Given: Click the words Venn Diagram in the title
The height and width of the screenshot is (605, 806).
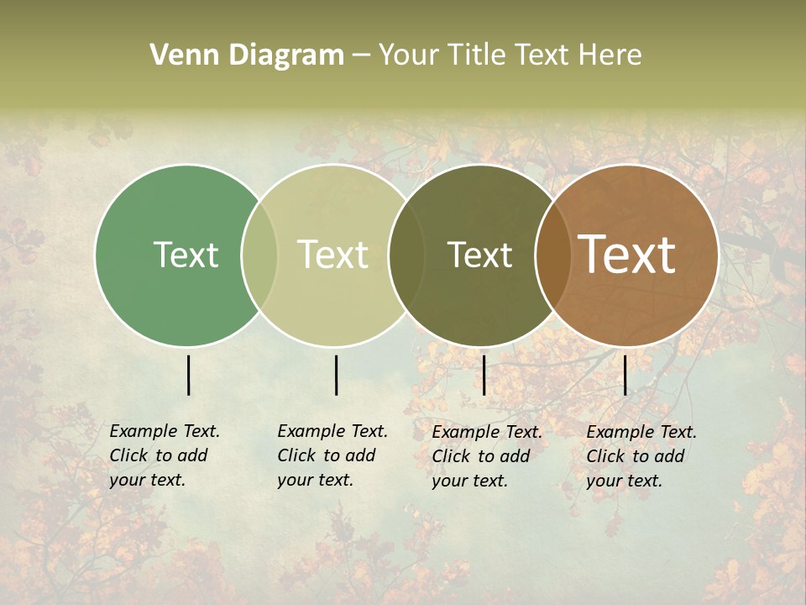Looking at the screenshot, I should (x=247, y=55).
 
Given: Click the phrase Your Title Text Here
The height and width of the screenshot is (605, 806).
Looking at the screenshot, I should (x=510, y=55).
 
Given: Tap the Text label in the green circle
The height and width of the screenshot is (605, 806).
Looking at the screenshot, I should (x=186, y=255).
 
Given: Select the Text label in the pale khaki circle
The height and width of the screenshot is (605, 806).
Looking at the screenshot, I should (x=333, y=255).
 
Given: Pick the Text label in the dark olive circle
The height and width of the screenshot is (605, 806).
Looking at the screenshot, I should (x=479, y=255).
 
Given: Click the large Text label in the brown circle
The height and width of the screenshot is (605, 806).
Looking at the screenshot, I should (x=627, y=255).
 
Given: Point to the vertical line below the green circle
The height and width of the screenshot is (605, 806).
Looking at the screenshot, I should (x=188, y=375).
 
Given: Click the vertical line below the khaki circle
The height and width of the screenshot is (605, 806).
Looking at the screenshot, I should (x=336, y=375).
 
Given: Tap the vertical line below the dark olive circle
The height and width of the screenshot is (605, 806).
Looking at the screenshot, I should (x=484, y=375).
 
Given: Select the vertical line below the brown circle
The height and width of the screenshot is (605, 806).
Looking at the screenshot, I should (x=625, y=375).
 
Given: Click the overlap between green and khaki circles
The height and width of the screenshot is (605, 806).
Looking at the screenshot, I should (x=259, y=255).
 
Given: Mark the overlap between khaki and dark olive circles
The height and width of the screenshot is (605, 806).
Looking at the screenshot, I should (x=405, y=255).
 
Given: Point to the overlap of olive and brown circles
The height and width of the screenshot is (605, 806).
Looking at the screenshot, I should (x=551, y=255).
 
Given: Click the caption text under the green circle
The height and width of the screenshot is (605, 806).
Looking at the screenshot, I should (x=164, y=455).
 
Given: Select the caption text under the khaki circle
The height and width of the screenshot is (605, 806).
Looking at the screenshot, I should (x=332, y=455).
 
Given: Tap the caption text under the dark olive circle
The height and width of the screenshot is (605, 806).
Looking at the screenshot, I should (x=486, y=456).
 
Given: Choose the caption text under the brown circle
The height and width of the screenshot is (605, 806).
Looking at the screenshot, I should (x=641, y=456).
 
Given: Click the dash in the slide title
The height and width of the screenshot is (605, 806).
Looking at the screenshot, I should (x=361, y=55).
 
